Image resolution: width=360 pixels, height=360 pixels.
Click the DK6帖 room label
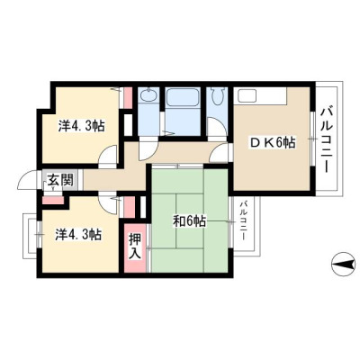click(274, 143)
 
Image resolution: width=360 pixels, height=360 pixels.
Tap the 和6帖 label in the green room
click(189, 221)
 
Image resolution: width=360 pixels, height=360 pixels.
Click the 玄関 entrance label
click(60, 180)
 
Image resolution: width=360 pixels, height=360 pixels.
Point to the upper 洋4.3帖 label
click(82, 126)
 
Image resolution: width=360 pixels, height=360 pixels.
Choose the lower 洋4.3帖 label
click(78, 234)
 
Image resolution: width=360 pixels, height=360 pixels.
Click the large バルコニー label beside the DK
click(328, 140)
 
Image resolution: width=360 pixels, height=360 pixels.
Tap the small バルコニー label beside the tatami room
click(244, 220)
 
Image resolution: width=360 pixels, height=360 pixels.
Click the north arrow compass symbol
click(343, 265)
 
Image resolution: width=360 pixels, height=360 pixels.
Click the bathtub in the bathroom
click(183, 97)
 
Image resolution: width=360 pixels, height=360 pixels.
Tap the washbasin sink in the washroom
click(148, 95)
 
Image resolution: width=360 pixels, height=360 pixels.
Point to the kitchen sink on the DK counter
click(247, 95)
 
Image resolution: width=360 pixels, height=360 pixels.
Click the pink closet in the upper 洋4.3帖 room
click(128, 97)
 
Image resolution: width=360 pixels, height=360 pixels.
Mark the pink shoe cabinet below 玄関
click(53, 200)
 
